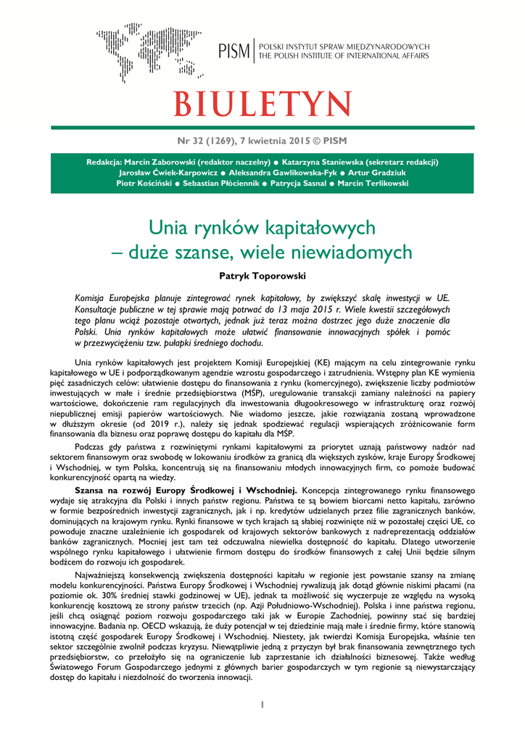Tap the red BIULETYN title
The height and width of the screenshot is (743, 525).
(x=262, y=104)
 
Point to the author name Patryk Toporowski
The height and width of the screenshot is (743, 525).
(x=262, y=276)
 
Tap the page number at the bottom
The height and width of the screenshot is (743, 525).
(x=262, y=704)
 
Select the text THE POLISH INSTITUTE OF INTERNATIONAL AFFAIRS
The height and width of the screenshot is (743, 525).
(x=344, y=56)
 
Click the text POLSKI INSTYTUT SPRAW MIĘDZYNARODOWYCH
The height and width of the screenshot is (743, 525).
(x=344, y=45)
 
